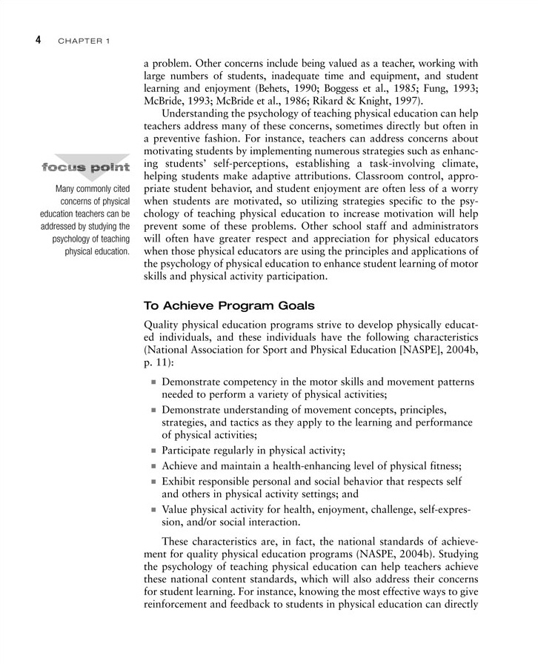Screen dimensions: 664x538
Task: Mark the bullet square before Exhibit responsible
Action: tap(153, 481)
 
